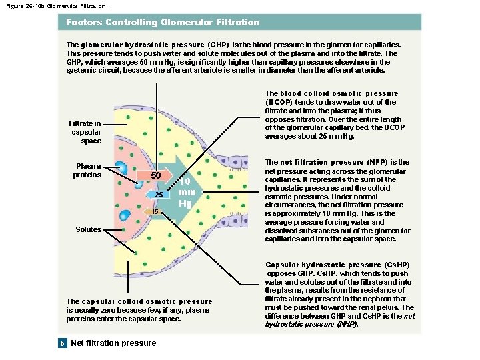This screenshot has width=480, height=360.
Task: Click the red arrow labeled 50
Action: pos(148,175)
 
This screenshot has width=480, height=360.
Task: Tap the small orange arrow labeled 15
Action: pos(154,211)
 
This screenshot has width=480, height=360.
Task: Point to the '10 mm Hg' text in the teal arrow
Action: pos(187,192)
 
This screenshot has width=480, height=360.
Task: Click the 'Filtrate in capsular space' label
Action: pos(85,132)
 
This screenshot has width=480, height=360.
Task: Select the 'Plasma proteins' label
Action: pos(88,171)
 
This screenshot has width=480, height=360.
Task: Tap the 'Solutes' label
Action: pos(89,229)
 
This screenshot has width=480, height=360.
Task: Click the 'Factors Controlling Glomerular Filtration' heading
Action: pos(163,22)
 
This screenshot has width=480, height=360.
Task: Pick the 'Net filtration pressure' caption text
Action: pos(113,343)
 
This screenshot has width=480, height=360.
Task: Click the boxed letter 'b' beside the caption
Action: pos(62,343)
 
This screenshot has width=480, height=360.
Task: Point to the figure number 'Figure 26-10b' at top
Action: pos(27,5)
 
